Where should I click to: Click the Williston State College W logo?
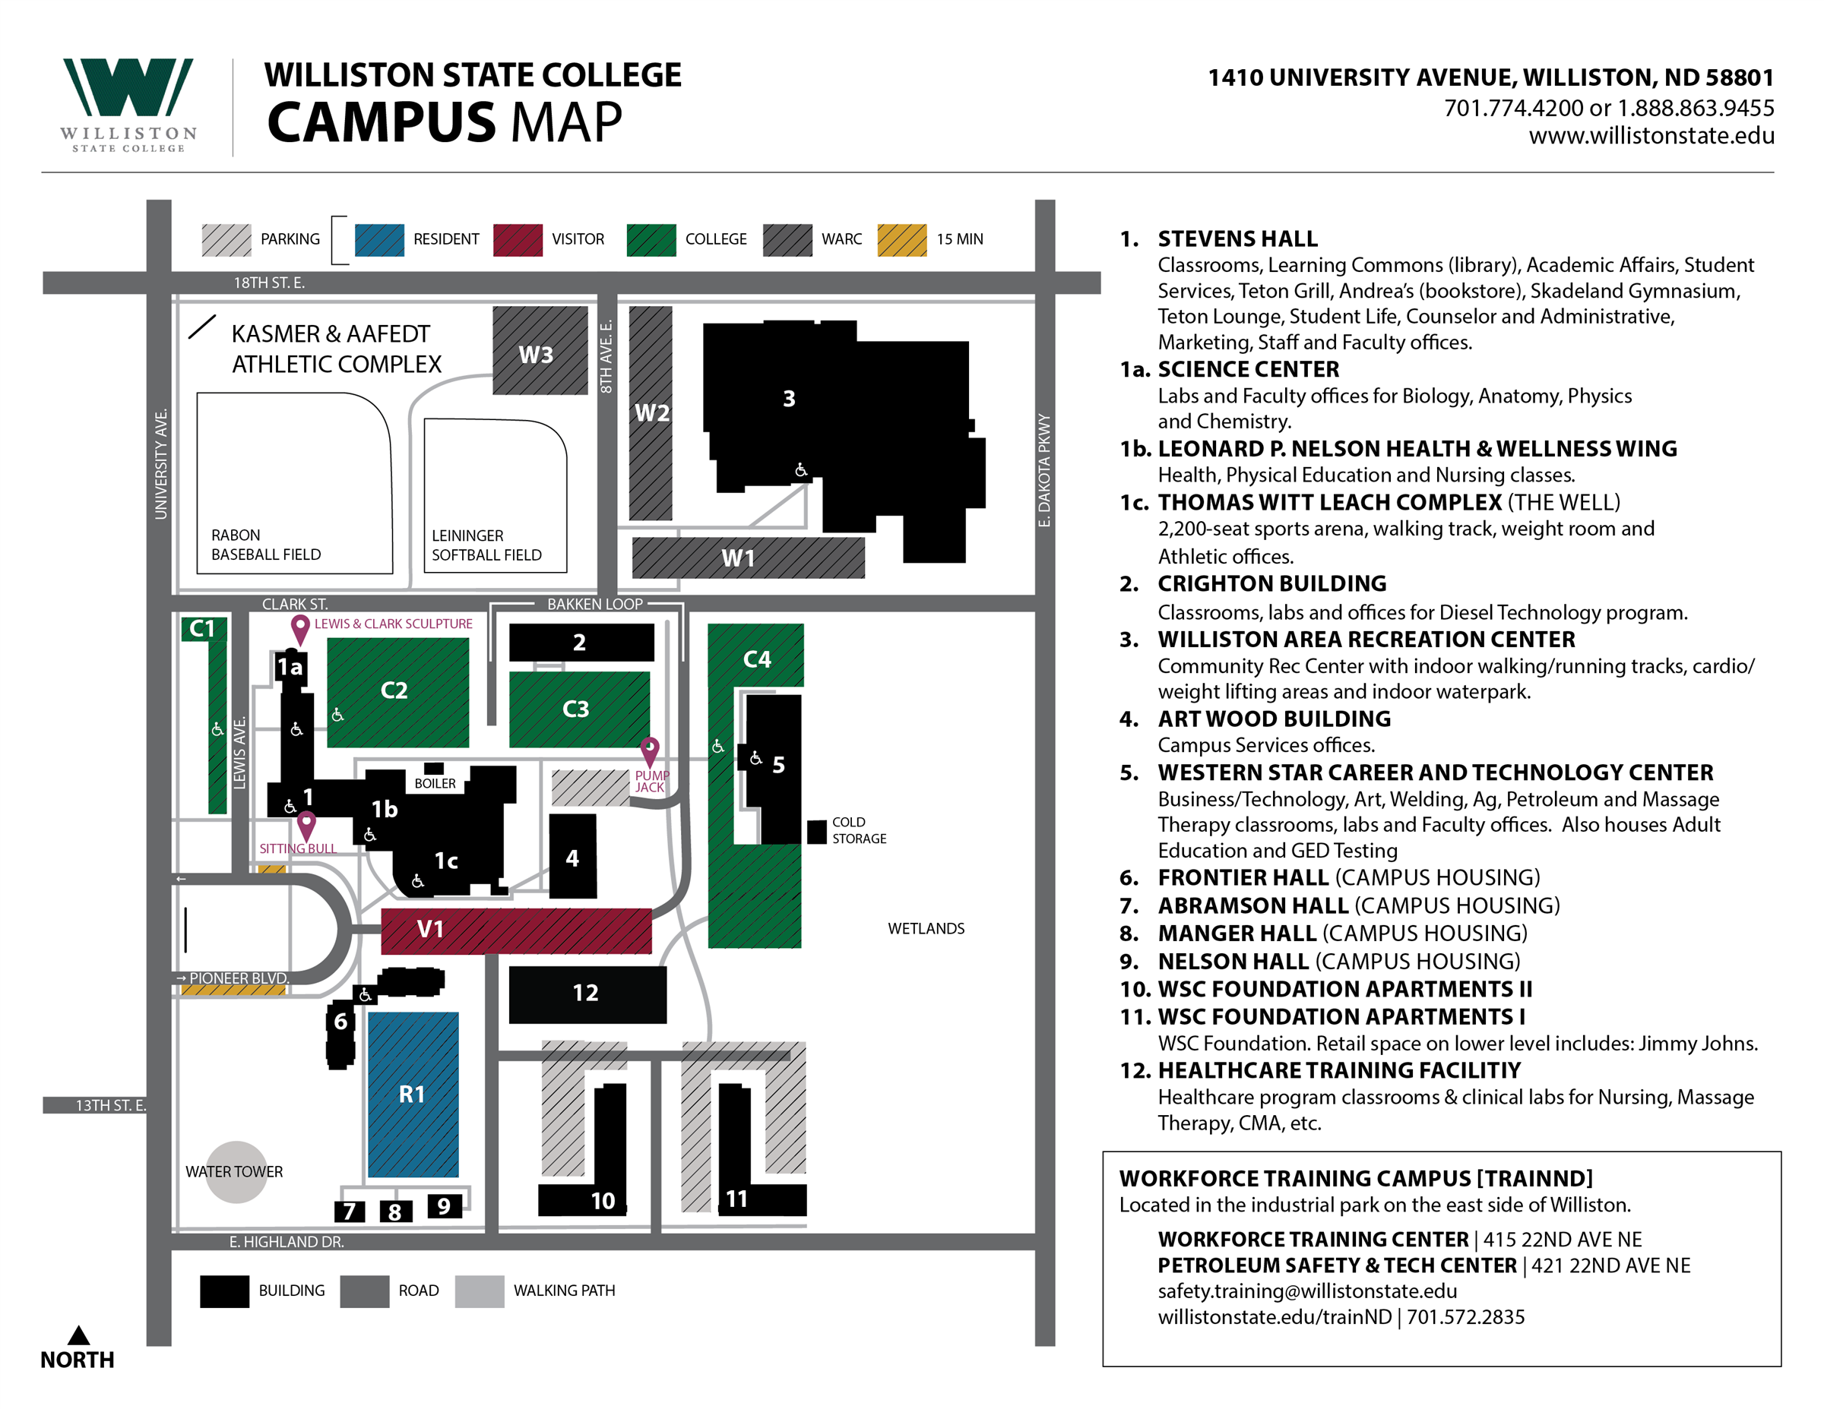coord(128,87)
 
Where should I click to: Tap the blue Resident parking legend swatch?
coord(378,239)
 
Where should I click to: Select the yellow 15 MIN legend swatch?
coord(901,239)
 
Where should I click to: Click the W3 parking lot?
coord(540,351)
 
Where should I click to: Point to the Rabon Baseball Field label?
coord(265,545)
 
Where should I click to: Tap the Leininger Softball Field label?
coord(486,545)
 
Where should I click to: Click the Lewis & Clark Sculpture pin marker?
coord(300,627)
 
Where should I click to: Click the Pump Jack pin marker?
coord(649,749)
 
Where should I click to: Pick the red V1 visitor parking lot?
coord(516,930)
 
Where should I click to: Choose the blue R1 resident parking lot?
coord(413,1094)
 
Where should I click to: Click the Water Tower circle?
coord(236,1171)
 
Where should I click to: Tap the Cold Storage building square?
coord(816,832)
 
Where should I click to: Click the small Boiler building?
coord(433,768)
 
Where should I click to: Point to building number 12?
coord(587,994)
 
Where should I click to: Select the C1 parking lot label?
coord(202,628)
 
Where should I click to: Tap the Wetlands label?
coord(926,928)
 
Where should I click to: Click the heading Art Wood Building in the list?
coord(1274,719)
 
